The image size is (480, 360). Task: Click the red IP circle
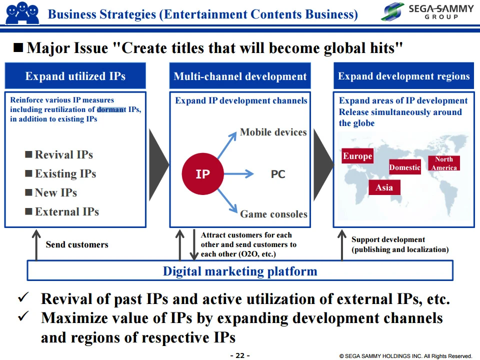pyautogui.click(x=202, y=174)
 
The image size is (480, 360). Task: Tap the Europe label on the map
pyautogui.click(x=357, y=156)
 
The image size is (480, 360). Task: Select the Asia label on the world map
pyautogui.click(x=384, y=187)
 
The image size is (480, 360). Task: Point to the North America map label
pyautogui.click(x=444, y=163)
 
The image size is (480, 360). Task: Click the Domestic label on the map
pyautogui.click(x=404, y=167)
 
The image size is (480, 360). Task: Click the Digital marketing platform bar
pyautogui.click(x=240, y=270)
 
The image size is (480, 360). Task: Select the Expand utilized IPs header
pyautogui.click(x=75, y=76)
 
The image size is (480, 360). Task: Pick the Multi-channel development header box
pyautogui.click(x=240, y=76)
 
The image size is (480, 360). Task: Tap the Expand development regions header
pyautogui.click(x=404, y=76)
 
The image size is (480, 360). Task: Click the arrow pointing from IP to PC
pyautogui.click(x=239, y=174)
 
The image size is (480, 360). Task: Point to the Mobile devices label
pyautogui.click(x=273, y=132)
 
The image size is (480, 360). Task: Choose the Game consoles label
pyautogui.click(x=273, y=214)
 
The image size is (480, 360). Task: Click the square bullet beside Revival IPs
pyautogui.click(x=28, y=154)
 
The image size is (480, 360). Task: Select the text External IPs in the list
pyautogui.click(x=66, y=211)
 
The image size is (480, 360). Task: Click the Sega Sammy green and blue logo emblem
pyautogui.click(x=393, y=11)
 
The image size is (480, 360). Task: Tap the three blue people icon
pyautogui.click(x=22, y=13)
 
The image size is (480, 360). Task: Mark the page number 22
pyautogui.click(x=240, y=355)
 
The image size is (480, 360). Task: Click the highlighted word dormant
pyautogui.click(x=111, y=109)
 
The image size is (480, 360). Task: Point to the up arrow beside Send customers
pyautogui.click(x=36, y=245)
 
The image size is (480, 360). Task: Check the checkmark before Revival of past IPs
pyautogui.click(x=23, y=297)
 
